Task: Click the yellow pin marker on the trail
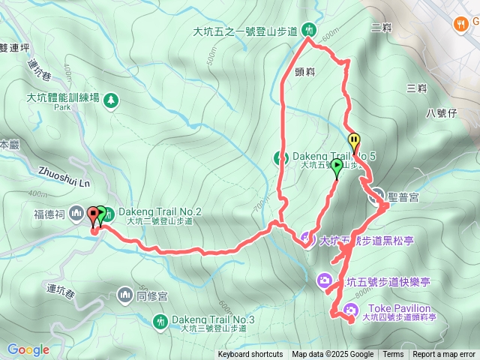coord(353,140)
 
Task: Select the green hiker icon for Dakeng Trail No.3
coord(159,322)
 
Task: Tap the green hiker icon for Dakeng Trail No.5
coord(281,157)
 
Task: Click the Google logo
coord(28,349)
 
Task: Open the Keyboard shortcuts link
coord(250,354)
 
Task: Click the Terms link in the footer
coord(393,354)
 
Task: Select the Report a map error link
coord(444,354)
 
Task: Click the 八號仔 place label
coord(441,113)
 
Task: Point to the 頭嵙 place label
coord(316,71)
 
